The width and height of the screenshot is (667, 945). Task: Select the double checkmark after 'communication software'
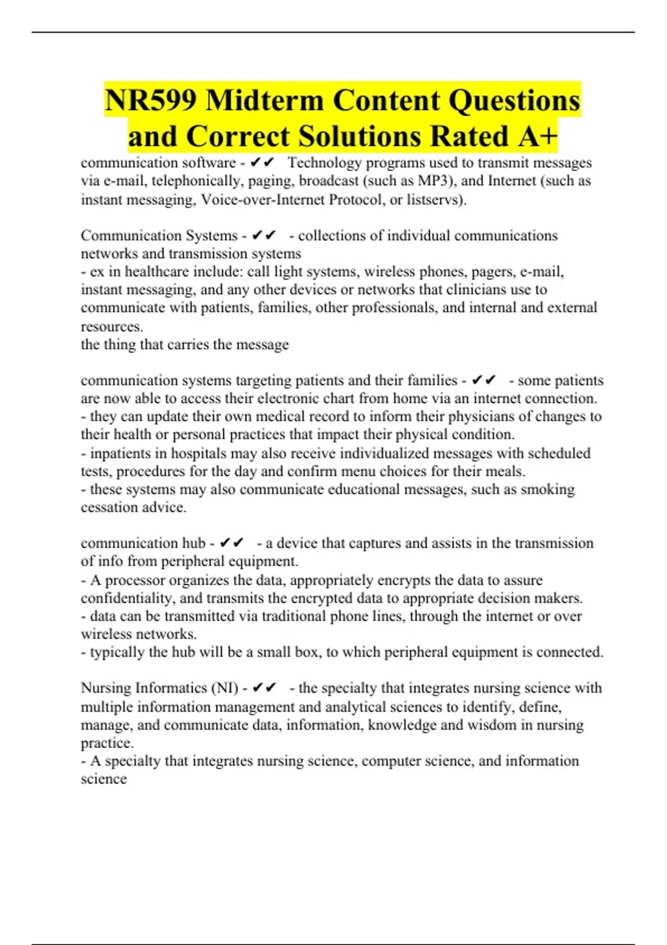[262, 163]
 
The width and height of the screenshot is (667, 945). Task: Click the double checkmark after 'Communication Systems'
[263, 236]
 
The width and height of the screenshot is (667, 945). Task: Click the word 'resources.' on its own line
[112, 326]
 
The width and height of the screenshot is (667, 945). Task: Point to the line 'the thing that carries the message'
[185, 345]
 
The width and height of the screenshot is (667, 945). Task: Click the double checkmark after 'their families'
[483, 380]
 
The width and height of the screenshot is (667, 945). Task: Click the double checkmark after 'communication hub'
[232, 543]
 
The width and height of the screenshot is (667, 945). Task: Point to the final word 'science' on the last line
[104, 779]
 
